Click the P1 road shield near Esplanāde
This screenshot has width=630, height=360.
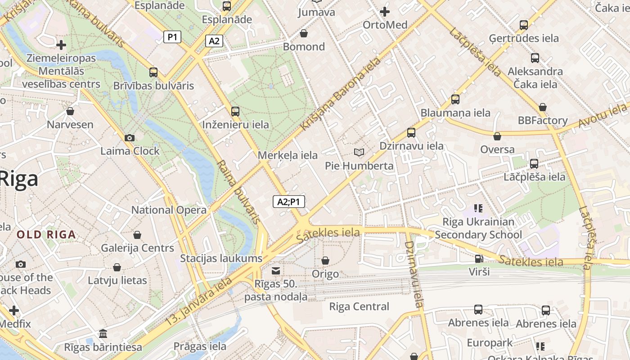point(172,37)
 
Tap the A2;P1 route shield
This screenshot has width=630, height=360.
point(289,202)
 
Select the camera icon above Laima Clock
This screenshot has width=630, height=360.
point(130,138)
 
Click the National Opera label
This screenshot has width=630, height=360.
point(169,210)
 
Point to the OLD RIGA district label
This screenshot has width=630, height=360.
point(46,234)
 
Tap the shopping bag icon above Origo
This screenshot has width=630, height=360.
point(325,261)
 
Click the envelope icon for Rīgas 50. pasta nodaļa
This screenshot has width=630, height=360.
point(276,270)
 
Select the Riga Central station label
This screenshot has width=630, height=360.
point(359,306)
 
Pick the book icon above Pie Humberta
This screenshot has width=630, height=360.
point(359,153)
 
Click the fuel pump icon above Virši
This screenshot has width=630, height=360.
point(479,259)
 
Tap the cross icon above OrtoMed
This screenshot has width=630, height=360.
point(385,12)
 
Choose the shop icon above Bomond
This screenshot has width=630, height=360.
point(304,33)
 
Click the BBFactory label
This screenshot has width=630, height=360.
point(543,120)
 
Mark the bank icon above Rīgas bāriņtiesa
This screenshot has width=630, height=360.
point(103,334)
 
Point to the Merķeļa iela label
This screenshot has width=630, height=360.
point(288,155)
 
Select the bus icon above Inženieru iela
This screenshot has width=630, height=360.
point(235,112)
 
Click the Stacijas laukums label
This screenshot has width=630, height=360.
point(221,258)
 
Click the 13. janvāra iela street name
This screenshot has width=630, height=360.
point(199,301)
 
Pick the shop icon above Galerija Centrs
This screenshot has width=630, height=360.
point(137,235)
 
